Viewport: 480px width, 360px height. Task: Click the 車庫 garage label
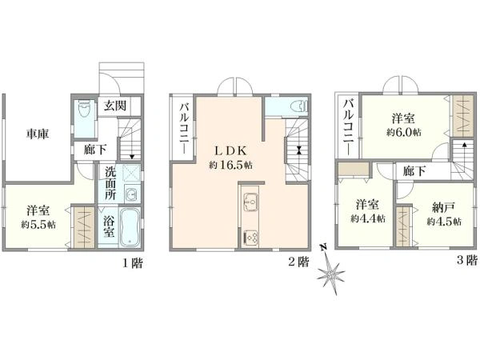point(35,134)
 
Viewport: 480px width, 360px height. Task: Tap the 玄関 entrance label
point(112,106)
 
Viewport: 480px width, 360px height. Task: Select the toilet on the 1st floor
point(86,113)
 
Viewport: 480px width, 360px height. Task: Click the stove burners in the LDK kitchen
point(250,236)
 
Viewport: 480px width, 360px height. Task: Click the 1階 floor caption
point(133,262)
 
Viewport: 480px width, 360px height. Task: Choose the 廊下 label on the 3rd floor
point(414,170)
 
